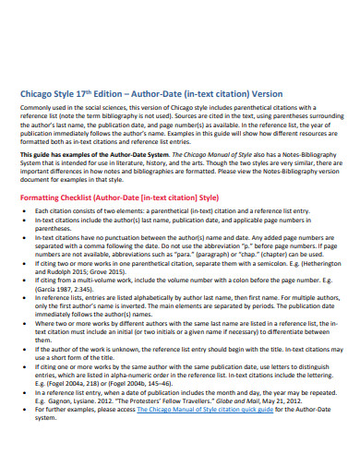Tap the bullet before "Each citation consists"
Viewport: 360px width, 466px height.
27,236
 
